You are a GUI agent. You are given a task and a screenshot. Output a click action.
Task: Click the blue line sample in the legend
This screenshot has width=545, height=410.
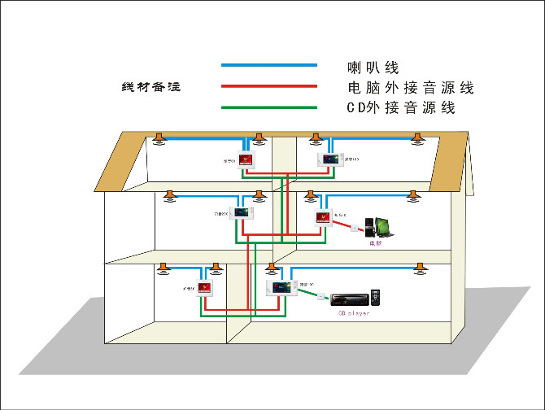(268, 64)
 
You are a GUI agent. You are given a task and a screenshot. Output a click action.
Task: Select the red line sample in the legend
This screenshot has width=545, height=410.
(268, 85)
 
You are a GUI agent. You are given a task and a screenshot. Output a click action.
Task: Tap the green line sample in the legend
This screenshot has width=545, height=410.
(268, 107)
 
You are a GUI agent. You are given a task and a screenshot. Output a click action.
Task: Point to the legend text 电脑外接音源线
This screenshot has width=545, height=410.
(409, 87)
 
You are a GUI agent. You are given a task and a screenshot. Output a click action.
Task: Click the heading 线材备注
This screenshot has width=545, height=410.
(150, 87)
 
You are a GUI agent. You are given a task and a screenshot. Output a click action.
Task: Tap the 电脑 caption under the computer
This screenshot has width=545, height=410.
(375, 242)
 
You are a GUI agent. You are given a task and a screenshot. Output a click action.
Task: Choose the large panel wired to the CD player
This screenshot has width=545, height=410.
(279, 287)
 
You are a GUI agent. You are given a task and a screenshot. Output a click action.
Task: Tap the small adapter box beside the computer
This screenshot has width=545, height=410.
(355, 227)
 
